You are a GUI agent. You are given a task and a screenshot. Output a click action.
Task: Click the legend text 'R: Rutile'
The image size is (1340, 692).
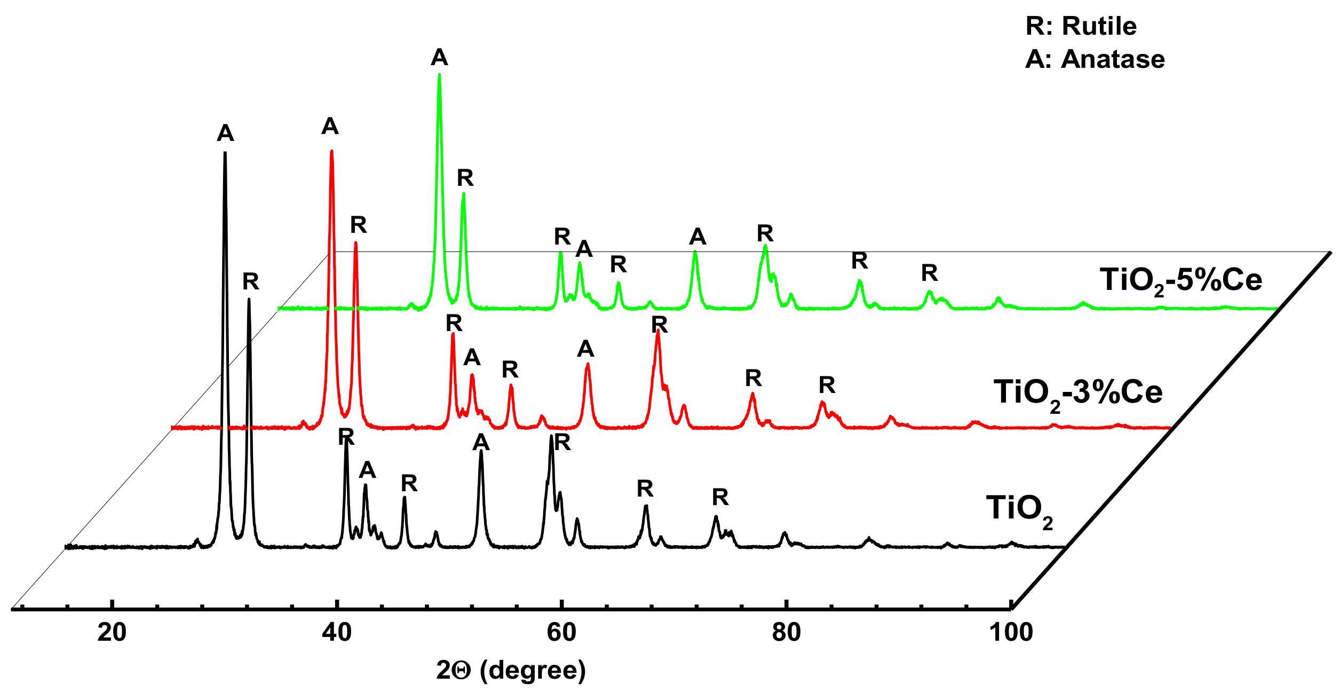click(x=1081, y=26)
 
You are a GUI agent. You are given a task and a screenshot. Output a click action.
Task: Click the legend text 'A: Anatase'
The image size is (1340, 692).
click(x=1095, y=59)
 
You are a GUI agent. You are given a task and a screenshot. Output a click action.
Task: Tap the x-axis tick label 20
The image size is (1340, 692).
click(x=112, y=632)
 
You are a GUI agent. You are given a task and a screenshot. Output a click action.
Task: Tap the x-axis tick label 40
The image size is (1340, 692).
click(x=337, y=632)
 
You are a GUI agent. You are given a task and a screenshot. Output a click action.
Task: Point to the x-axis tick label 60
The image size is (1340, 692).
click(x=561, y=632)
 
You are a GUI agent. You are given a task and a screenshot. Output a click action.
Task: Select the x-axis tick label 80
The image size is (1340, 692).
click(x=786, y=632)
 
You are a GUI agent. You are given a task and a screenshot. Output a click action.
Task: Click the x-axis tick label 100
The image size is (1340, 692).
click(x=1011, y=632)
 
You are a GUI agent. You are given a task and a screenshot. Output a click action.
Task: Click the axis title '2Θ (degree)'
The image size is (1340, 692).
click(x=511, y=670)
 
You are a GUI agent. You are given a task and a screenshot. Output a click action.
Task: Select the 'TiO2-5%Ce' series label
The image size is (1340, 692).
click(x=1180, y=281)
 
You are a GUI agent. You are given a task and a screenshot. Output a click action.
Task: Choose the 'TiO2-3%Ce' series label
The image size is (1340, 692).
click(x=1077, y=394)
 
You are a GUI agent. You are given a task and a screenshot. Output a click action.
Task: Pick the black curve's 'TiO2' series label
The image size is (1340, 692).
click(x=1019, y=509)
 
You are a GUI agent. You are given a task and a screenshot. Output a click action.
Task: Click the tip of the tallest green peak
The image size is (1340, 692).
click(x=439, y=74)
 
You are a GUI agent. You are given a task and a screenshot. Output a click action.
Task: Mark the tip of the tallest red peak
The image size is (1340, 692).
click(x=331, y=151)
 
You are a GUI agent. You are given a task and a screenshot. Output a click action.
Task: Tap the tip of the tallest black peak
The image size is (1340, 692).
click(x=225, y=153)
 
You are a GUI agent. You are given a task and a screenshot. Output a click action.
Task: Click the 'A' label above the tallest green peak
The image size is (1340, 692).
click(x=439, y=57)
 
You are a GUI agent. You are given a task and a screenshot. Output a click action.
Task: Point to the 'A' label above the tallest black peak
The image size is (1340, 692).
click(x=225, y=133)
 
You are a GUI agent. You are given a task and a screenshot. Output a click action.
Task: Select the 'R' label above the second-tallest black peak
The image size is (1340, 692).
click(x=250, y=281)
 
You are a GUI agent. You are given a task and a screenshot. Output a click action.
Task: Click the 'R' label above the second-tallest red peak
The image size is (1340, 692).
click(x=358, y=225)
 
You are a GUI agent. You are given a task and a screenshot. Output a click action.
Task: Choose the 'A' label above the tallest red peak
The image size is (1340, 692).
click(x=330, y=127)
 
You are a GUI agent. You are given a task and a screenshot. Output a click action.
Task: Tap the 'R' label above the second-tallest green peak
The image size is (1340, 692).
click(x=465, y=178)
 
